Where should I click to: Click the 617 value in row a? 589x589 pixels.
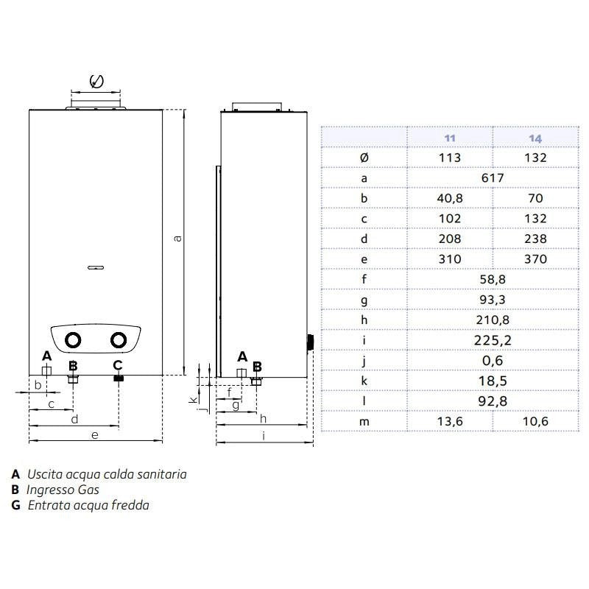(493, 177)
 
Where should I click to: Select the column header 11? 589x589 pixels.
(450, 138)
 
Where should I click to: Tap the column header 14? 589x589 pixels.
(535, 138)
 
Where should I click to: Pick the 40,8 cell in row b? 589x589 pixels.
(450, 198)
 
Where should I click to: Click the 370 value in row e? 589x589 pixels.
(535, 259)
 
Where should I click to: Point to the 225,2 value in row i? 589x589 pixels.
(493, 340)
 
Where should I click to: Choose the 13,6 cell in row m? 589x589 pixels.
(450, 421)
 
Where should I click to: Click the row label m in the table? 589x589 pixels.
(364, 422)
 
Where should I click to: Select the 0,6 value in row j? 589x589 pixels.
(493, 361)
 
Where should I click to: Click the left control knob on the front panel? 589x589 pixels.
(73, 340)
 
